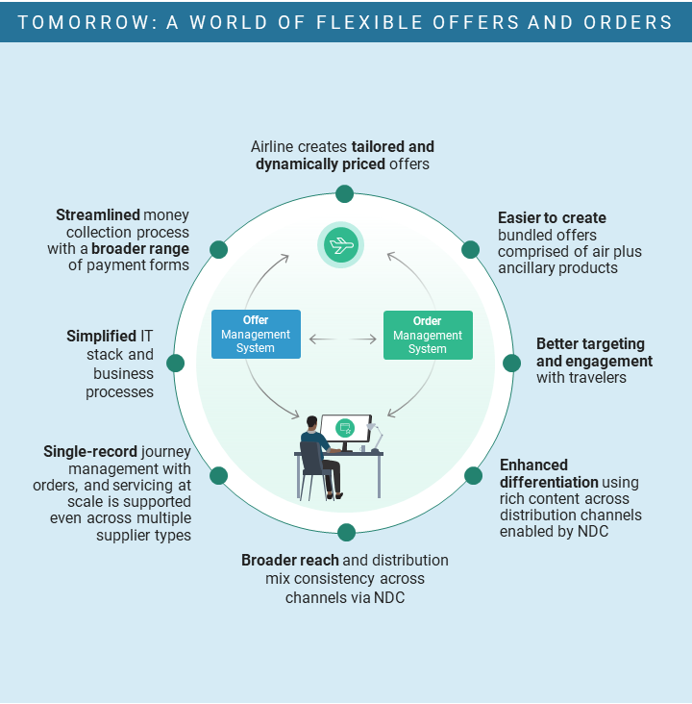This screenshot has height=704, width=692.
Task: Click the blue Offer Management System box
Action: (256, 334)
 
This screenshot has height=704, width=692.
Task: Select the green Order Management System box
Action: (428, 335)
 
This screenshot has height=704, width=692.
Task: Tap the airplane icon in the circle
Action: (340, 244)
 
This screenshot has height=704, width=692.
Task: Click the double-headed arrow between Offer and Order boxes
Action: (343, 339)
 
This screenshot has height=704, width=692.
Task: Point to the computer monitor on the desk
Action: (346, 430)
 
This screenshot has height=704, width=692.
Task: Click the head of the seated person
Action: (312, 422)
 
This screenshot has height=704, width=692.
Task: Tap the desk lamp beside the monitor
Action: (375, 437)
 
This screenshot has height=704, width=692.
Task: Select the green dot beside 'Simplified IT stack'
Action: (176, 363)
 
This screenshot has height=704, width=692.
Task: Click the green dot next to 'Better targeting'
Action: (511, 363)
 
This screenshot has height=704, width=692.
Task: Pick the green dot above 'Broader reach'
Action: (346, 533)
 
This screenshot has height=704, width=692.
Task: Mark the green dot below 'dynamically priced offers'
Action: (344, 194)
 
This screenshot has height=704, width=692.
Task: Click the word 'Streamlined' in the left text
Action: (98, 215)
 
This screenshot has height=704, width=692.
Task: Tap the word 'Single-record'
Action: (90, 451)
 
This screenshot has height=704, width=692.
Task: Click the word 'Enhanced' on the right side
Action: (533, 465)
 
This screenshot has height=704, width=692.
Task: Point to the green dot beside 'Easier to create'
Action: (470, 250)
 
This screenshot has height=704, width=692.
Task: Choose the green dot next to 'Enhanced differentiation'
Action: (473, 476)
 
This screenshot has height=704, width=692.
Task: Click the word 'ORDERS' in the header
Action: (628, 22)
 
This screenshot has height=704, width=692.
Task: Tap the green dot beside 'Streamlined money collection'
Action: (218, 250)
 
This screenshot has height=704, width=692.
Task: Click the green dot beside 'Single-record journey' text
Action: (218, 476)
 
